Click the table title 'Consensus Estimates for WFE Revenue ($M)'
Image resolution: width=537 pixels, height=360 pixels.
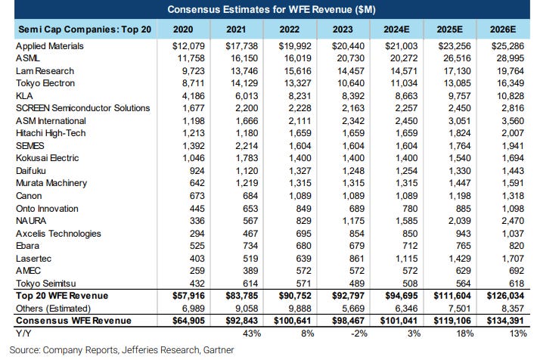click(268, 10)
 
